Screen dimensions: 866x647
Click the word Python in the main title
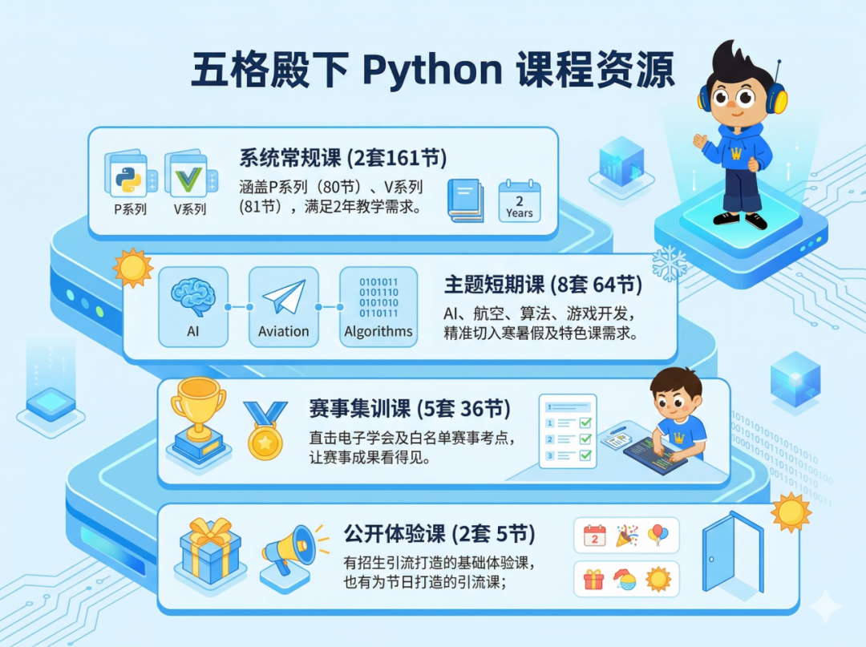[432, 71]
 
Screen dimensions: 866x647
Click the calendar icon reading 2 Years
[520, 200]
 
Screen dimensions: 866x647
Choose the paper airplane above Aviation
[284, 297]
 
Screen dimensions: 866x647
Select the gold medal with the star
[265, 433]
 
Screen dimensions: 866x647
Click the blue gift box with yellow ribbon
[210, 551]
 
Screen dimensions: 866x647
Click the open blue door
[731, 554]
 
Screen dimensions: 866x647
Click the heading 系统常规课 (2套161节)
[342, 157]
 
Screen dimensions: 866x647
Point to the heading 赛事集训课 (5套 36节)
[409, 409]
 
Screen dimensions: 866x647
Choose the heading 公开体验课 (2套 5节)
[439, 533]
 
